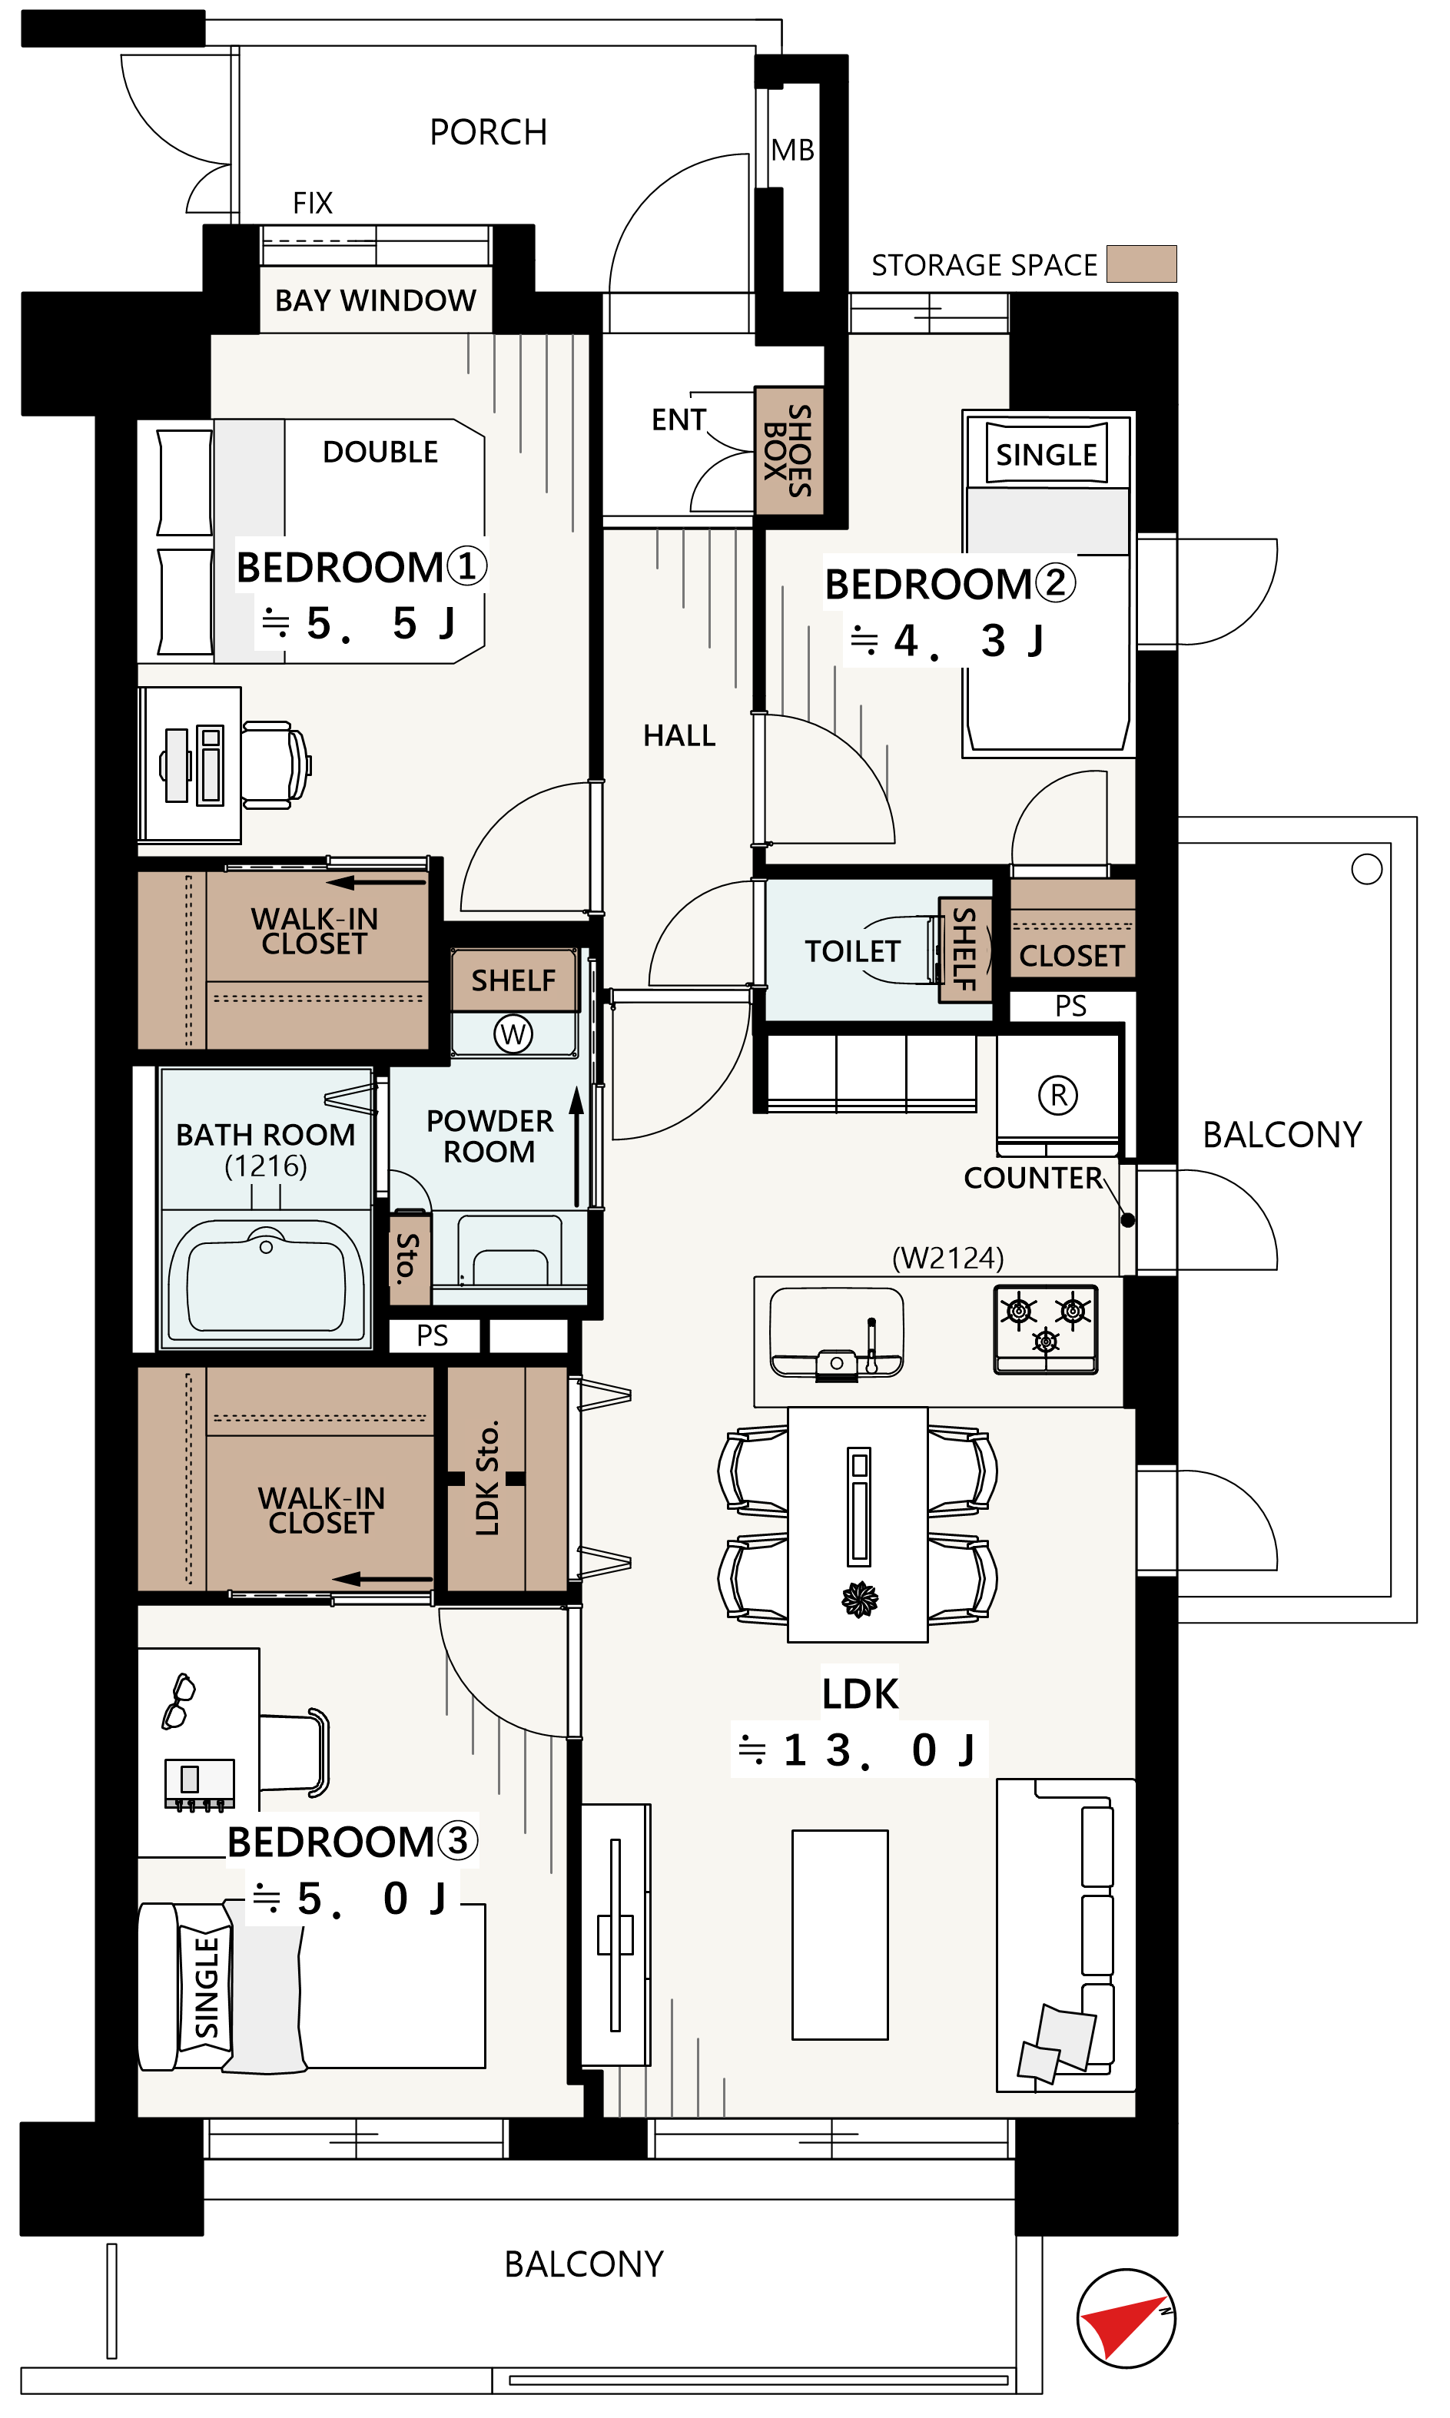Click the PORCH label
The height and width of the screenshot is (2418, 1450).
click(x=488, y=132)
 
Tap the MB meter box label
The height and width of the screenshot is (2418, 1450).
click(x=791, y=151)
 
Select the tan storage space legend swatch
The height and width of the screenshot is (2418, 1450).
click(x=1140, y=264)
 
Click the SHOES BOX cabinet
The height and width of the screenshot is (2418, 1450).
click(x=788, y=450)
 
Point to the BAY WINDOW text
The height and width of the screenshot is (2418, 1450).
click(x=375, y=300)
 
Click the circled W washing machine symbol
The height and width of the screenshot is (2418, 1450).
click(x=513, y=1033)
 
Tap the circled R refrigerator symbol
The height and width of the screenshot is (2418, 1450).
click(x=1058, y=1094)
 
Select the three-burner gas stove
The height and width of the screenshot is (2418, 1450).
click(x=1046, y=1328)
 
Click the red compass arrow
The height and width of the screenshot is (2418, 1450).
click(x=1126, y=2326)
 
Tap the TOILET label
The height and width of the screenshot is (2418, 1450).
click(x=852, y=950)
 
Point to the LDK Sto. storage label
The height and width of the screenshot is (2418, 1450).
click(x=488, y=1478)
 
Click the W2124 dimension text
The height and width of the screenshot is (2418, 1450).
click(x=947, y=1257)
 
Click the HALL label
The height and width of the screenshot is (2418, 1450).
click(x=679, y=735)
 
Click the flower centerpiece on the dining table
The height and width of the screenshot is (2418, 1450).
click(x=860, y=1598)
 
